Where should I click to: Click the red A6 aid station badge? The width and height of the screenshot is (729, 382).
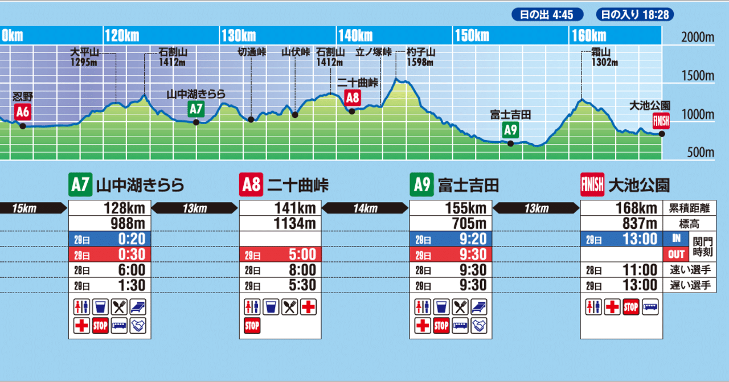[22, 112]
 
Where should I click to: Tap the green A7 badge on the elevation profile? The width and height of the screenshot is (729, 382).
[195, 108]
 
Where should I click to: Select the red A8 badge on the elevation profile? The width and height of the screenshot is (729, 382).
[353, 97]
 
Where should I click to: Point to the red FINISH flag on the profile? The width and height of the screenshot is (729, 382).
[662, 121]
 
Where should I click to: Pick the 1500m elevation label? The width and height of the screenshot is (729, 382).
[698, 76]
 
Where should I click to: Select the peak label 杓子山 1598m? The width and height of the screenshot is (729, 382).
[421, 56]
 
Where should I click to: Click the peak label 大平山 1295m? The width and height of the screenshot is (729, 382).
[85, 56]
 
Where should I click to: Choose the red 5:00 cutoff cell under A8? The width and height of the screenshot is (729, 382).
[280, 254]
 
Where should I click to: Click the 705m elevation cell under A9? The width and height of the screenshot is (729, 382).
[451, 223]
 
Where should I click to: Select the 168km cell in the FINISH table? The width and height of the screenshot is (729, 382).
[622, 208]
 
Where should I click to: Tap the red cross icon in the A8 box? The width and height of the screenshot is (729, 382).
[308, 307]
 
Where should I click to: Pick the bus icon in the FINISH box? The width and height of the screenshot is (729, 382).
[650, 307]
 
